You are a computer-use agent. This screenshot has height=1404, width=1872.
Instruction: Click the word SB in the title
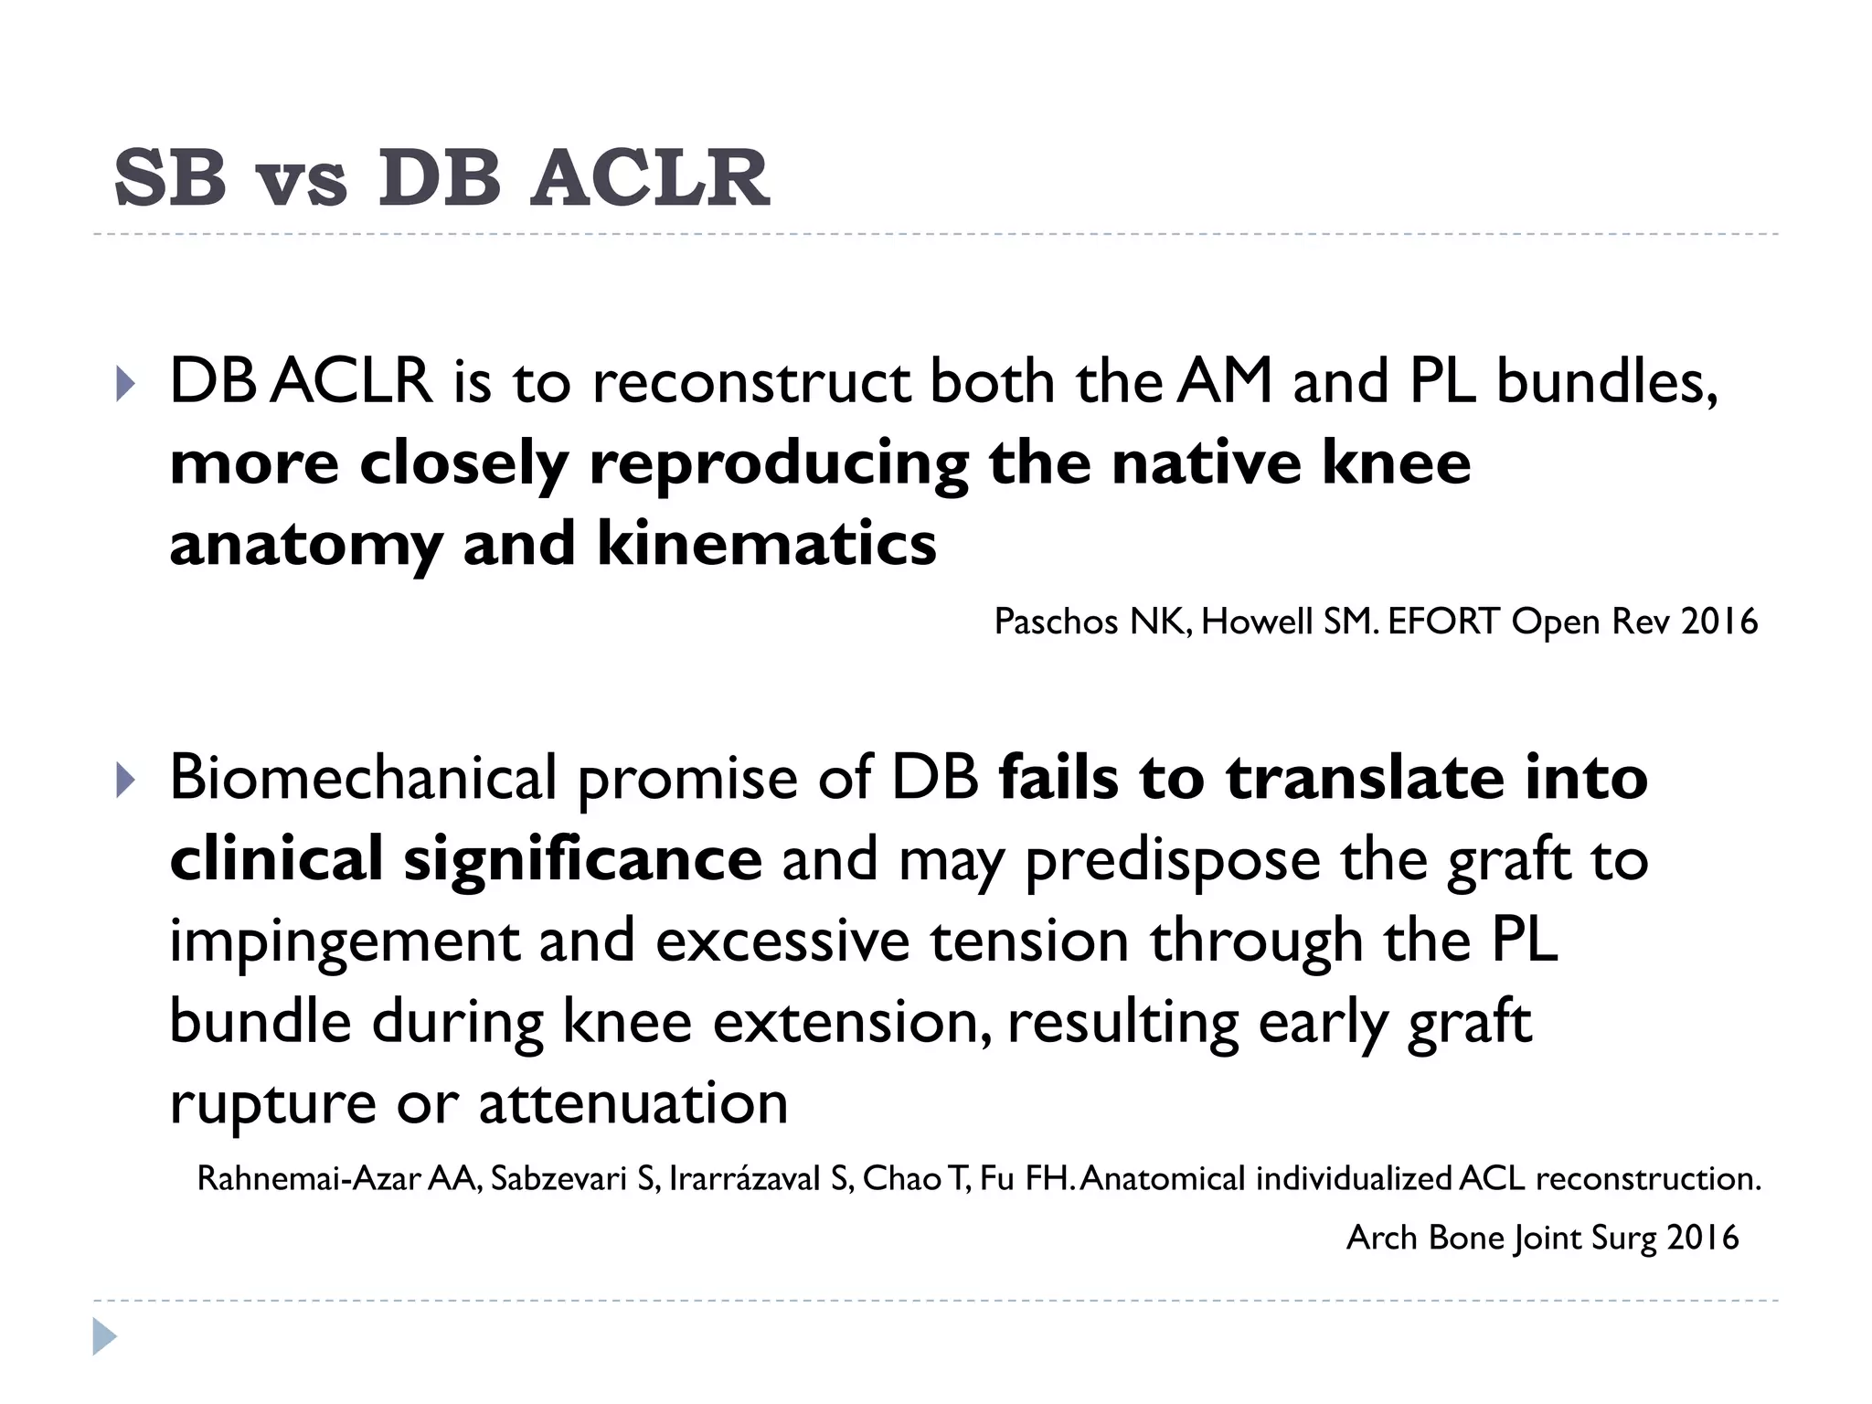170,178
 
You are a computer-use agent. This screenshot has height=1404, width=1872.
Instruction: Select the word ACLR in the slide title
650,178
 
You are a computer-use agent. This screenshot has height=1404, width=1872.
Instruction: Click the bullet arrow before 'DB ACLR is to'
125,384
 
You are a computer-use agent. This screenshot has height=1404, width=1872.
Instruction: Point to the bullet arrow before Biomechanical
125,781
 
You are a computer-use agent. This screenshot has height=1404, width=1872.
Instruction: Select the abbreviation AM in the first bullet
1225,381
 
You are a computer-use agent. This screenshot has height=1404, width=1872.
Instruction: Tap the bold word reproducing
778,464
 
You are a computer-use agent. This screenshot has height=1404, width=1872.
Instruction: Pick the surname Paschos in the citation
1055,622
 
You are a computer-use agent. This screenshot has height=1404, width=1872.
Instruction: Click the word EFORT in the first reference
1443,622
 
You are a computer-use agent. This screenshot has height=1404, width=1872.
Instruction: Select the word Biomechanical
363,779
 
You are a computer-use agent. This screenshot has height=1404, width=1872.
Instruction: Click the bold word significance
582,860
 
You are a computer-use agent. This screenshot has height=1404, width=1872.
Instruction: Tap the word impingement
344,942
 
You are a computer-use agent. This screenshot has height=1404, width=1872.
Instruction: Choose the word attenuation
633,1103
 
